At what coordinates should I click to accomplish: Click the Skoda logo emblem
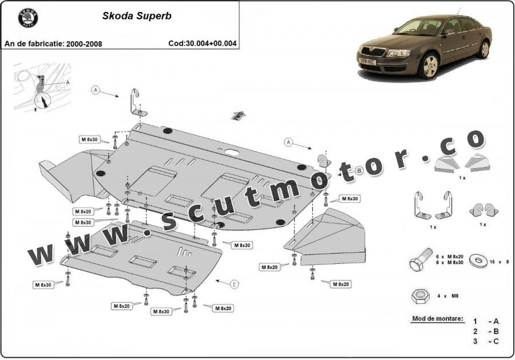point(27,17)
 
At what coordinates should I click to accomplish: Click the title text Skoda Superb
point(137,16)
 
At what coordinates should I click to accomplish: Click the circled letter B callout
point(359,170)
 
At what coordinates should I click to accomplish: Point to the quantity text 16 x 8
point(497,262)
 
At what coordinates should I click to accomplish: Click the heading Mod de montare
point(438,318)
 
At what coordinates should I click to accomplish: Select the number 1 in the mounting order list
point(474,321)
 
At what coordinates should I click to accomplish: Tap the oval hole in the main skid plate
point(232,152)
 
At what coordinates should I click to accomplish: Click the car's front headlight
point(400,53)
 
